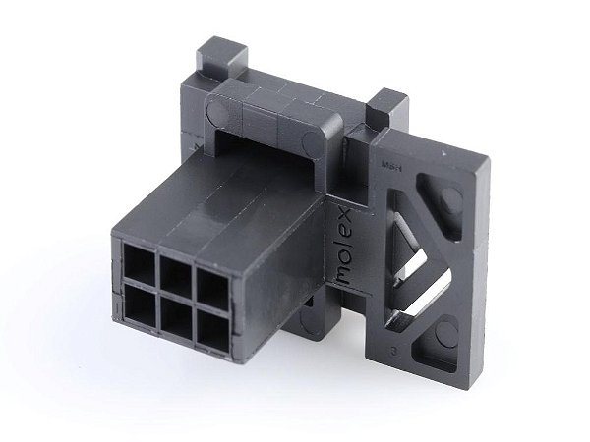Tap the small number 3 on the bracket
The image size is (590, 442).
click(x=393, y=347)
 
